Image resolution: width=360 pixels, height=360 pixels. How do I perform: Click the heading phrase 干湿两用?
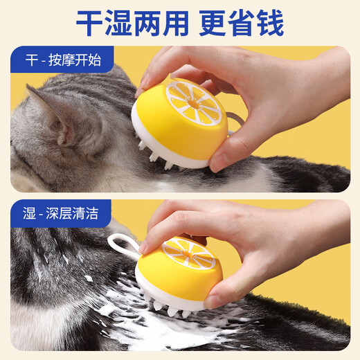[x=132, y=24]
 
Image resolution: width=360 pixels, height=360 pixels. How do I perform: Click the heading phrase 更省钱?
[x=241, y=24]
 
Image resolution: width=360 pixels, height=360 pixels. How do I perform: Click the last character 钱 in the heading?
[x=269, y=24]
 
